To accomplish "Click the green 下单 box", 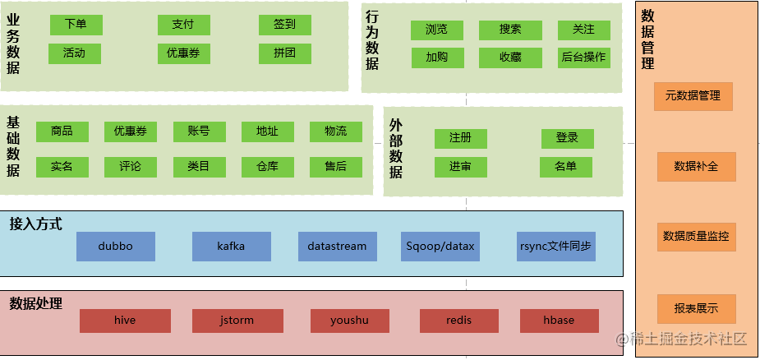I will click(76, 25).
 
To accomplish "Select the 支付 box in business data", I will click(183, 25).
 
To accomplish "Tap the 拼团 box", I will click(284, 53).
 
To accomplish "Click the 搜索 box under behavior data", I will click(510, 30).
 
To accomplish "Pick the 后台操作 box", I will click(583, 58).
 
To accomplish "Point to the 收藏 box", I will click(510, 58).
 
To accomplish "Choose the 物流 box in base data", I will click(335, 132).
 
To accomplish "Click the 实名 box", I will click(62, 167).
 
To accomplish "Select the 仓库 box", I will click(267, 167).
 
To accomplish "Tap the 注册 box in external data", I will click(460, 138).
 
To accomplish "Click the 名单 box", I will click(565, 167).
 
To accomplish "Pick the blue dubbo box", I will click(115, 247).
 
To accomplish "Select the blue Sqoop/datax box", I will click(440, 247).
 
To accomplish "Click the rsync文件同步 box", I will click(556, 247).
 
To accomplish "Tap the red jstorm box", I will click(237, 321).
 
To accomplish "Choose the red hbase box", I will click(559, 321).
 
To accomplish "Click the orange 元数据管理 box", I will click(693, 96).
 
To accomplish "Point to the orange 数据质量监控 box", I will click(696, 237).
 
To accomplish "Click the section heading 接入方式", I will click(35, 224).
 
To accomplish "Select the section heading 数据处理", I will click(35, 303).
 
